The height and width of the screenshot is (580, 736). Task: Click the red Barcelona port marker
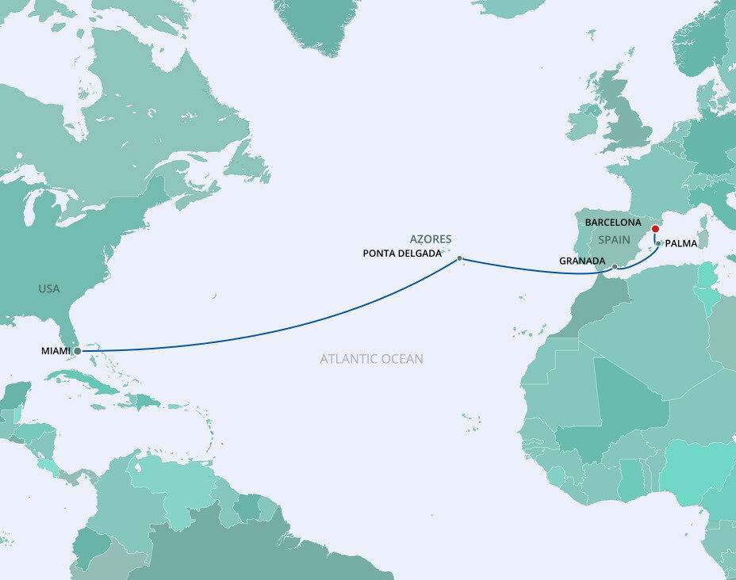pyautogui.click(x=655, y=230)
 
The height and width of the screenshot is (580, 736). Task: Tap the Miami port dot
pyautogui.click(x=77, y=350)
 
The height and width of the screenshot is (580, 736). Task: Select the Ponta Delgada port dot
pyautogui.click(x=459, y=258)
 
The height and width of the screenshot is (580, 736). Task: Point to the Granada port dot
pyautogui.click(x=615, y=267)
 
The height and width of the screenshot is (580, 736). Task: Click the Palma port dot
pyautogui.click(x=658, y=244)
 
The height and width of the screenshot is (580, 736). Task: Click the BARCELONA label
pyautogui.click(x=612, y=223)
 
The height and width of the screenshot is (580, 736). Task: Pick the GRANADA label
pyautogui.click(x=583, y=261)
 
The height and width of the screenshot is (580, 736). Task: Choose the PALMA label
pyautogui.click(x=681, y=244)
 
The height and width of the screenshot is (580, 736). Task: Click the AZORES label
pyautogui.click(x=431, y=238)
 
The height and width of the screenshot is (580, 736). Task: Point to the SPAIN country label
pyautogui.click(x=614, y=239)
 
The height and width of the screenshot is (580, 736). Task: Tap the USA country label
pyautogui.click(x=49, y=289)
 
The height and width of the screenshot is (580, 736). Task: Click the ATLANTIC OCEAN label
pyautogui.click(x=371, y=359)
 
